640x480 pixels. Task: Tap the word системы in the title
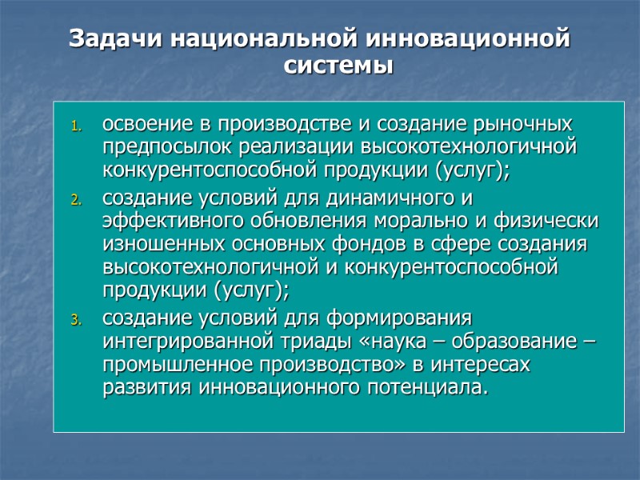pyautogui.click(x=339, y=66)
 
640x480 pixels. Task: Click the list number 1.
pyautogui.click(x=77, y=126)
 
